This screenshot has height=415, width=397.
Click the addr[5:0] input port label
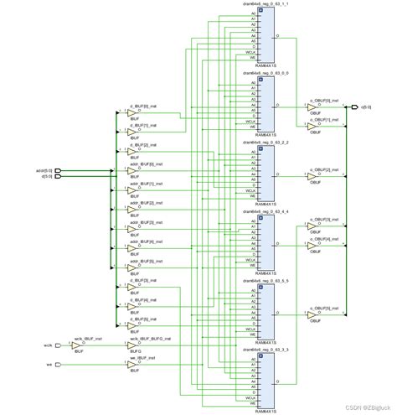pos(44,170)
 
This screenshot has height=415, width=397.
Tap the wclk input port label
pos(48,345)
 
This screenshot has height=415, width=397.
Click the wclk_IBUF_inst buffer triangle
pos(75,345)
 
